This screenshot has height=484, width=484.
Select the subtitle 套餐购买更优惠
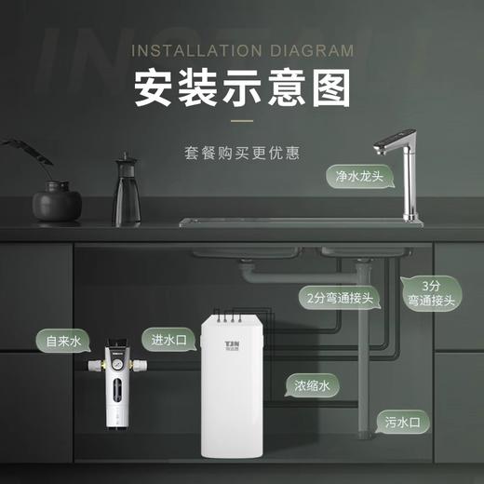(242, 149)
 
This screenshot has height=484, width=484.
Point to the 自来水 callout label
(64, 342)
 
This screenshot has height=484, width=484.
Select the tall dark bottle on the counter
(126, 191)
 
